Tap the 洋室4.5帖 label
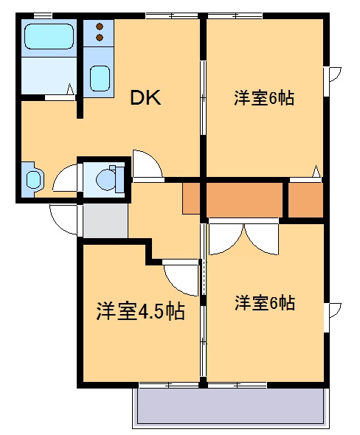139,311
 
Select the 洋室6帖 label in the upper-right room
264,98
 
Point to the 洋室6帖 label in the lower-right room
265,302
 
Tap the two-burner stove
98,33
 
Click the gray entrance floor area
105,220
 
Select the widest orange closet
245,199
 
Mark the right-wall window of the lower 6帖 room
333,310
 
